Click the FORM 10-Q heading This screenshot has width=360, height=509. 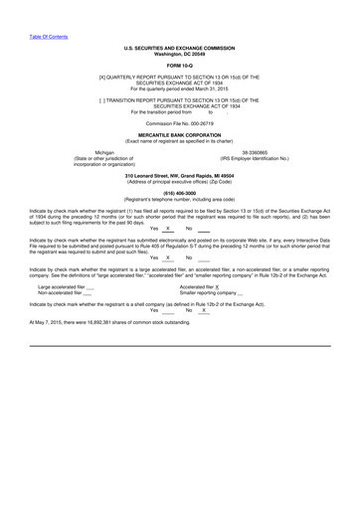tap(179, 66)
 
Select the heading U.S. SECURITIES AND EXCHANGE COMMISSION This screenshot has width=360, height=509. tap(179, 47)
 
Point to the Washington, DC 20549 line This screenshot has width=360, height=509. tap(179, 53)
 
